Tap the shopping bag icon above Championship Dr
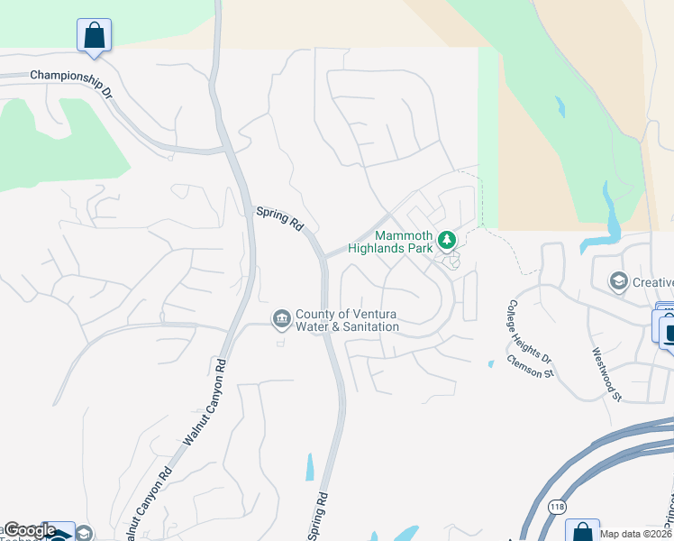pyautogui.click(x=95, y=36)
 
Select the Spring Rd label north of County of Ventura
pyautogui.click(x=279, y=218)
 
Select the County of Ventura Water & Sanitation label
pyautogui.click(x=347, y=319)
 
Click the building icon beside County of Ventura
pyautogui.click(x=281, y=318)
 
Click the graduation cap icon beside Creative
pyautogui.click(x=618, y=282)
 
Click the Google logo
pyautogui.click(x=29, y=530)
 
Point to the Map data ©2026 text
pyautogui.click(x=635, y=535)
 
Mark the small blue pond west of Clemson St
pyautogui.click(x=490, y=364)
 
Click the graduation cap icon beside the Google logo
pyautogui.click(x=83, y=534)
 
